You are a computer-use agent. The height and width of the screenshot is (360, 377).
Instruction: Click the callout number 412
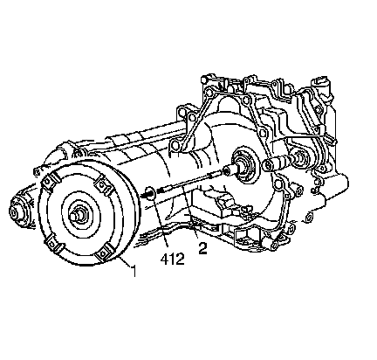pyautogui.click(x=172, y=260)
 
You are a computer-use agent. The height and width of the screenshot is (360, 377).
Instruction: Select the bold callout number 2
pyautogui.click(x=202, y=248)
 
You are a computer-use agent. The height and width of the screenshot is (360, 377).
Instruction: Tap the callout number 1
pyautogui.click(x=134, y=271)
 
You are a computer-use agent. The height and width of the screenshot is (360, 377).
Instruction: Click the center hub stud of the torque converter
pyautogui.click(x=76, y=216)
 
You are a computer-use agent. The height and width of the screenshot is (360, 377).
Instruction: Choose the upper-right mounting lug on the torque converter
pyautogui.click(x=103, y=185)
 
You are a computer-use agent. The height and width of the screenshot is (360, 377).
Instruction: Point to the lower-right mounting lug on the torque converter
pyautogui.click(x=104, y=251)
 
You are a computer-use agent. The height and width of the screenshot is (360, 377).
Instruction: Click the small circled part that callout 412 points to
pyautogui.click(x=149, y=192)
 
